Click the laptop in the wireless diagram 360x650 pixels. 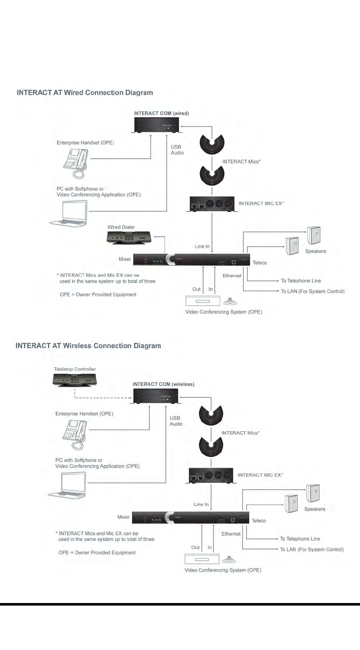tap(70, 485)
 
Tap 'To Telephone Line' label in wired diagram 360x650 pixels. tap(301, 281)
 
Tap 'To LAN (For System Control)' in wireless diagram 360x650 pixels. tap(312, 549)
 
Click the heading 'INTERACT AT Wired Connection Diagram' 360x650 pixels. tap(85, 92)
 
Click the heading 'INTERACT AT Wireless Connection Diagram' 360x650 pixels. tap(88, 346)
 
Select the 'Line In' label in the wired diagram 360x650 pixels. tap(202, 246)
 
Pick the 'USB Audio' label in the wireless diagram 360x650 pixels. tap(176, 421)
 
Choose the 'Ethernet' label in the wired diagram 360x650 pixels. tap(232, 275)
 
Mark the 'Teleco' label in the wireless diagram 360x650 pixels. tap(259, 521)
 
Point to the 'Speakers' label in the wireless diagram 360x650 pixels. tap(315, 509)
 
